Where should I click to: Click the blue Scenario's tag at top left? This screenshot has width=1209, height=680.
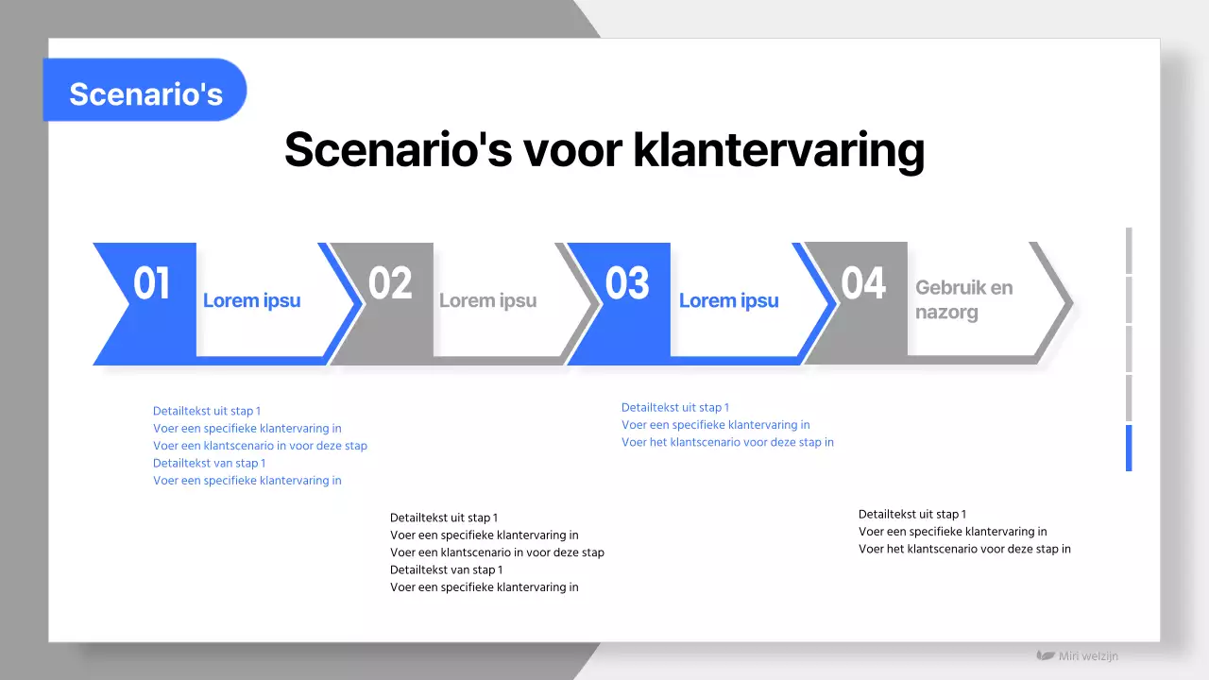[x=145, y=93]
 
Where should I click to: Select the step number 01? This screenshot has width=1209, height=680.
[x=151, y=284]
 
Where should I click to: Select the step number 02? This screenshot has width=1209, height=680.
[x=390, y=284]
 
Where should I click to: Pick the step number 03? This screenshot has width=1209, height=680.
[x=627, y=284]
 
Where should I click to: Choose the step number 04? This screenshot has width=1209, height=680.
[x=863, y=284]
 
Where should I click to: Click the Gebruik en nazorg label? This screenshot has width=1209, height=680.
[x=963, y=299]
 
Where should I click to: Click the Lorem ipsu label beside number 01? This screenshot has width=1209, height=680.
[x=251, y=301]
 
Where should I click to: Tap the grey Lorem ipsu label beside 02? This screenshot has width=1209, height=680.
[x=487, y=301]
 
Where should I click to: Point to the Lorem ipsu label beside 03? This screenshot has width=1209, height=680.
[x=728, y=301]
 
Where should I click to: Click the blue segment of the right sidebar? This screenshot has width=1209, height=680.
[x=1129, y=448]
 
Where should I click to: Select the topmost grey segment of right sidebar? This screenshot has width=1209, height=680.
[x=1129, y=250]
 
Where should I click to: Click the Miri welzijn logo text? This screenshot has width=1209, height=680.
[x=1088, y=656]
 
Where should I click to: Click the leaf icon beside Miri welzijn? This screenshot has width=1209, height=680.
[x=1046, y=655]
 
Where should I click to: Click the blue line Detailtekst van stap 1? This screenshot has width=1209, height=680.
[x=209, y=463]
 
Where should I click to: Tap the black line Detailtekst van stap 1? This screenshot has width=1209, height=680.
[x=446, y=569]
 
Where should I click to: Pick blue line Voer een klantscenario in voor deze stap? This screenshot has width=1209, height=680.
[x=260, y=446]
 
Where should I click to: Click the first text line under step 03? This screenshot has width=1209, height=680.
[x=675, y=408]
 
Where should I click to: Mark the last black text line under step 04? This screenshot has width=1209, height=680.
[x=964, y=549]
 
